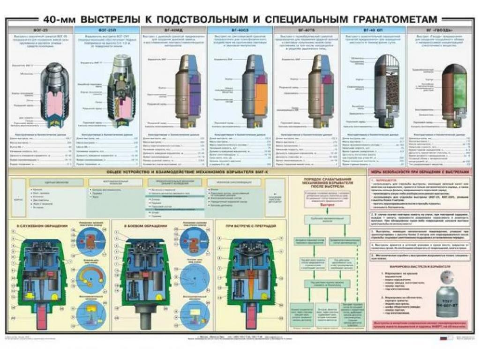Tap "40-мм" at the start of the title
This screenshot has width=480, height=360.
[x=59, y=19]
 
